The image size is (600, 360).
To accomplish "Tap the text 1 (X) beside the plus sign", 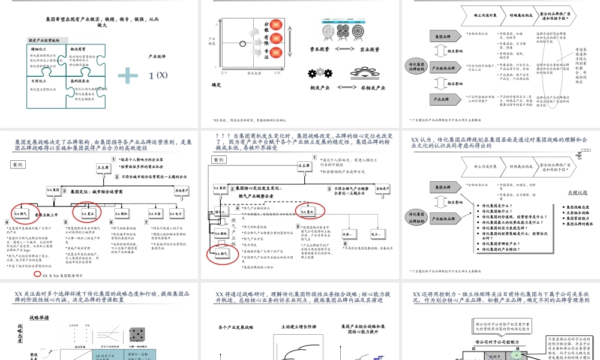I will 158,75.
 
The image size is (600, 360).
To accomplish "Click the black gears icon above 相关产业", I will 319,74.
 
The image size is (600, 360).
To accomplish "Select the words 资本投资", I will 319,49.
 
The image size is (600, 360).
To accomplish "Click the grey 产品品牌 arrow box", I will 439,98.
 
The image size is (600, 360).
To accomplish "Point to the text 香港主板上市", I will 46,214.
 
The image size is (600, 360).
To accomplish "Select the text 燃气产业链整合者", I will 260,196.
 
